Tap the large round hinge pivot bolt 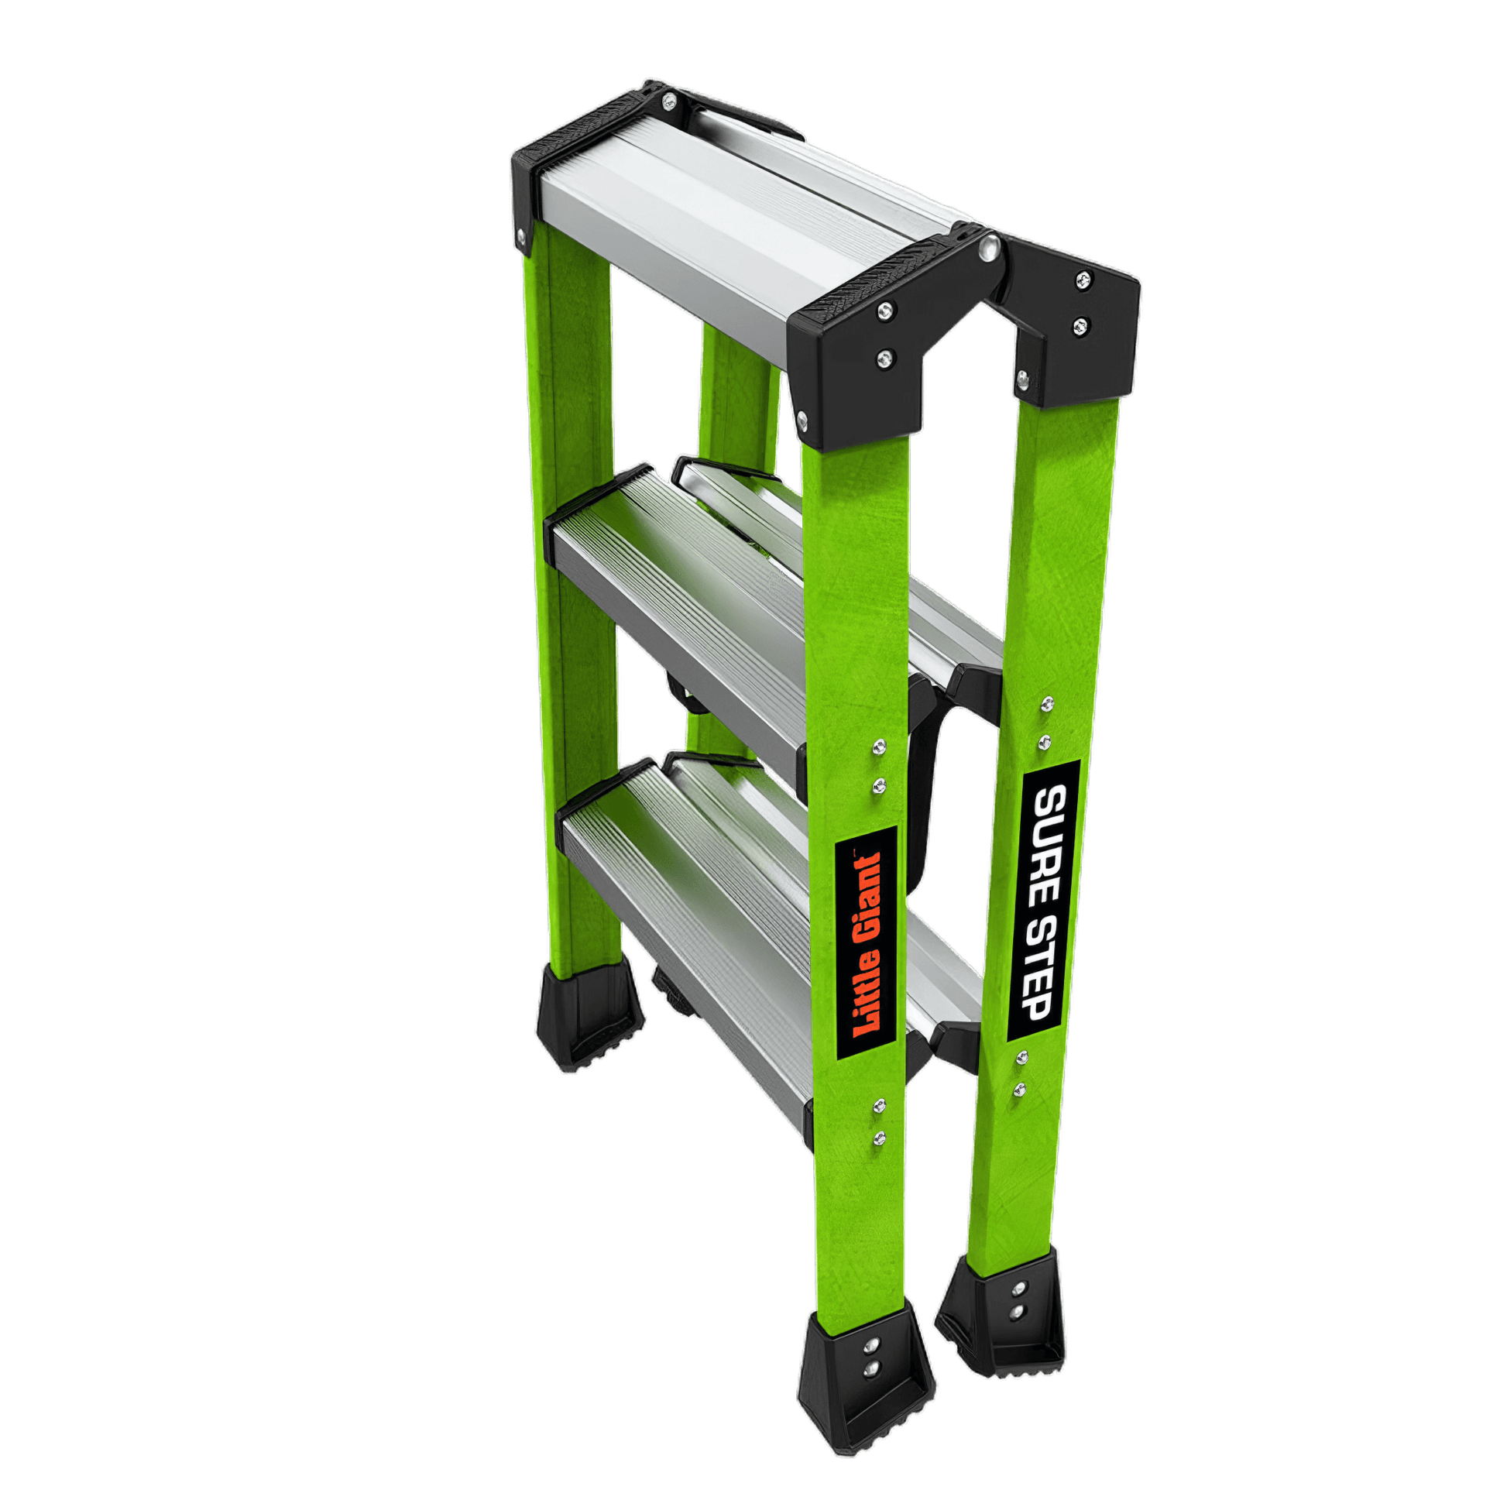[989, 247]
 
